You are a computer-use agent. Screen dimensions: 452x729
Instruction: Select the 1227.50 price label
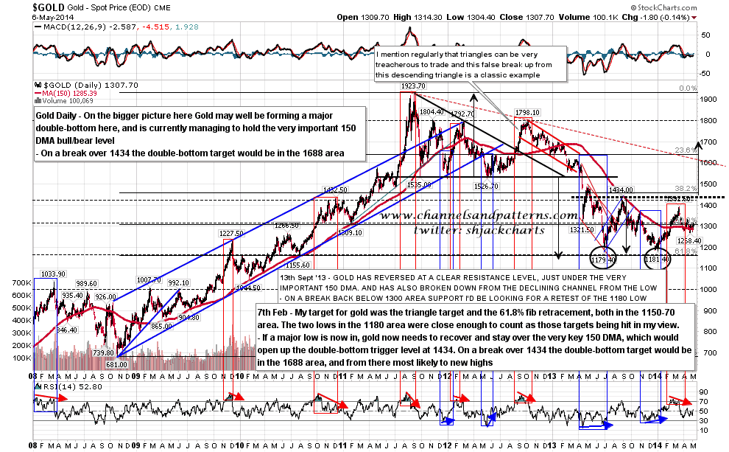230,233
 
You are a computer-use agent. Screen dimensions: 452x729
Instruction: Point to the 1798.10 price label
528,113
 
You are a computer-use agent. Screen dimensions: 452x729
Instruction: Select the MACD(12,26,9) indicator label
66,29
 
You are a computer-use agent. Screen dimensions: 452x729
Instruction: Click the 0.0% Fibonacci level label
687,88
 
